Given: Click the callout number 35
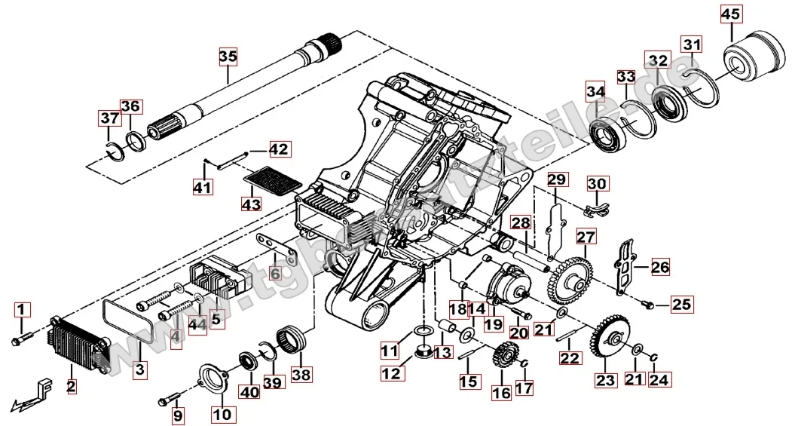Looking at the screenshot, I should tap(228, 56).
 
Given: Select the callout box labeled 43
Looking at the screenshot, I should tap(251, 204).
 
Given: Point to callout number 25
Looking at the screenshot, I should tap(680, 305).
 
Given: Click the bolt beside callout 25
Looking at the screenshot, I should tap(647, 305).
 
